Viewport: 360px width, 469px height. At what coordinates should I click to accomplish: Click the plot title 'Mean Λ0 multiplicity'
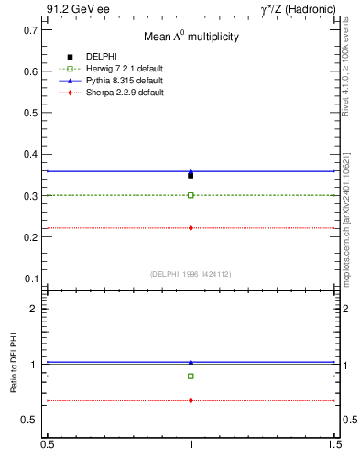[x=191, y=37]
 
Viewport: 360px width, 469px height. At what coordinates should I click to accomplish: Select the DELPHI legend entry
[x=101, y=57]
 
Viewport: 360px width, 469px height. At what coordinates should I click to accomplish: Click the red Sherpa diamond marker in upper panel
[x=191, y=227]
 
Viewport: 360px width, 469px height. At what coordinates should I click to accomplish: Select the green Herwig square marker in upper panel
[x=191, y=195]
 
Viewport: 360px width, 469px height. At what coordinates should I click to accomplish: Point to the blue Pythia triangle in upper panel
[x=191, y=171]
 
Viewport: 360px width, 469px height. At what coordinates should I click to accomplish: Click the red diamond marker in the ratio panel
[x=191, y=400]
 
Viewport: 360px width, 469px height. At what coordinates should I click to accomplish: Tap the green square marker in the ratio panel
[x=191, y=376]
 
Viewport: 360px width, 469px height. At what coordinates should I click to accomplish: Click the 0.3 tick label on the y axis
[x=30, y=196]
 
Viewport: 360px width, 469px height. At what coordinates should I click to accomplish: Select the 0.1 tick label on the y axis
[x=30, y=278]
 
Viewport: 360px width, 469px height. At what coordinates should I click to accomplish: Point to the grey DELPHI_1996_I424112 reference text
[x=191, y=274]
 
